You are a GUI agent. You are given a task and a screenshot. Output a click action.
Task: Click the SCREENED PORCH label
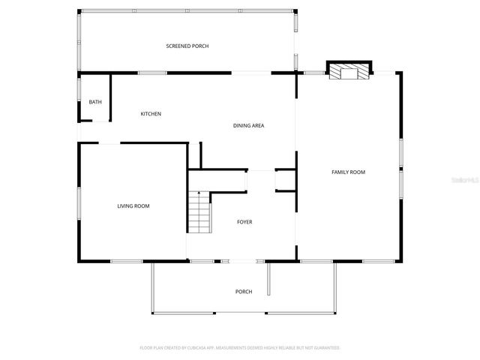(187, 46)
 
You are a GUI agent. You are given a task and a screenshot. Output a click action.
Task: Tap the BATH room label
(95, 102)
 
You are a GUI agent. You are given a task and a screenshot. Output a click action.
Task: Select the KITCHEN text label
(151, 114)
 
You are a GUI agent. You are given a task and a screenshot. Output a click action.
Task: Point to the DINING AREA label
(248, 125)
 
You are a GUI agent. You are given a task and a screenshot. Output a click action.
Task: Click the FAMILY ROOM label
(348, 172)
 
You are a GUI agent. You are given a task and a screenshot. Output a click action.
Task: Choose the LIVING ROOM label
(133, 205)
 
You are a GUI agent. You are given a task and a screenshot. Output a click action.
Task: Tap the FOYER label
(244, 222)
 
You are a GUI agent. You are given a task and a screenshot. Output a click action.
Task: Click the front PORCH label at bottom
(244, 292)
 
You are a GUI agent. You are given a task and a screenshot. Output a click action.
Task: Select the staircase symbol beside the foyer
(199, 213)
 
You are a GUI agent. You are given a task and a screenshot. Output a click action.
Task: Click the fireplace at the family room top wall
(349, 72)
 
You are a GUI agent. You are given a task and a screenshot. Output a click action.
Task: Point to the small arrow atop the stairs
(199, 193)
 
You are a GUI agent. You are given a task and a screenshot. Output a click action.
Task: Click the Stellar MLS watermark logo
(466, 181)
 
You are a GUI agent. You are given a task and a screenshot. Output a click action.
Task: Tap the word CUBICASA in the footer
(197, 348)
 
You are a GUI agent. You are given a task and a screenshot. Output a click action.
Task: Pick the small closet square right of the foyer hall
(285, 181)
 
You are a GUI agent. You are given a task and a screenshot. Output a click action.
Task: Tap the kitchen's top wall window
(152, 73)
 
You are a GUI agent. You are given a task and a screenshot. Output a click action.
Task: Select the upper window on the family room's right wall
(401, 153)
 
